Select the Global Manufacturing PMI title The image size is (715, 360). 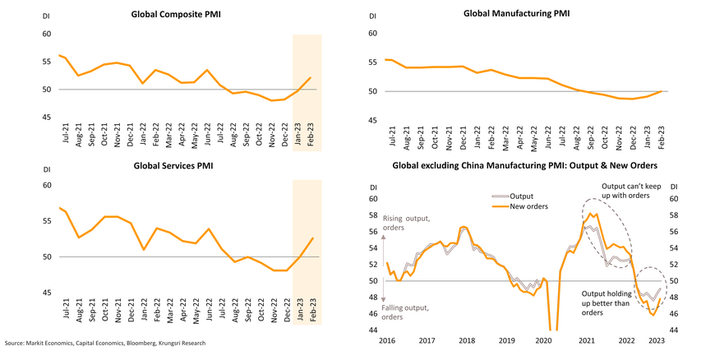click(x=516, y=13)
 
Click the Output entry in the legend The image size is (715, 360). click(x=521, y=196)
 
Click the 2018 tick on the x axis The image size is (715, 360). click(x=467, y=339)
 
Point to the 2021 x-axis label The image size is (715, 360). click(x=587, y=339)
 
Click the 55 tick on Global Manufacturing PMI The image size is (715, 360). click(x=372, y=62)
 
